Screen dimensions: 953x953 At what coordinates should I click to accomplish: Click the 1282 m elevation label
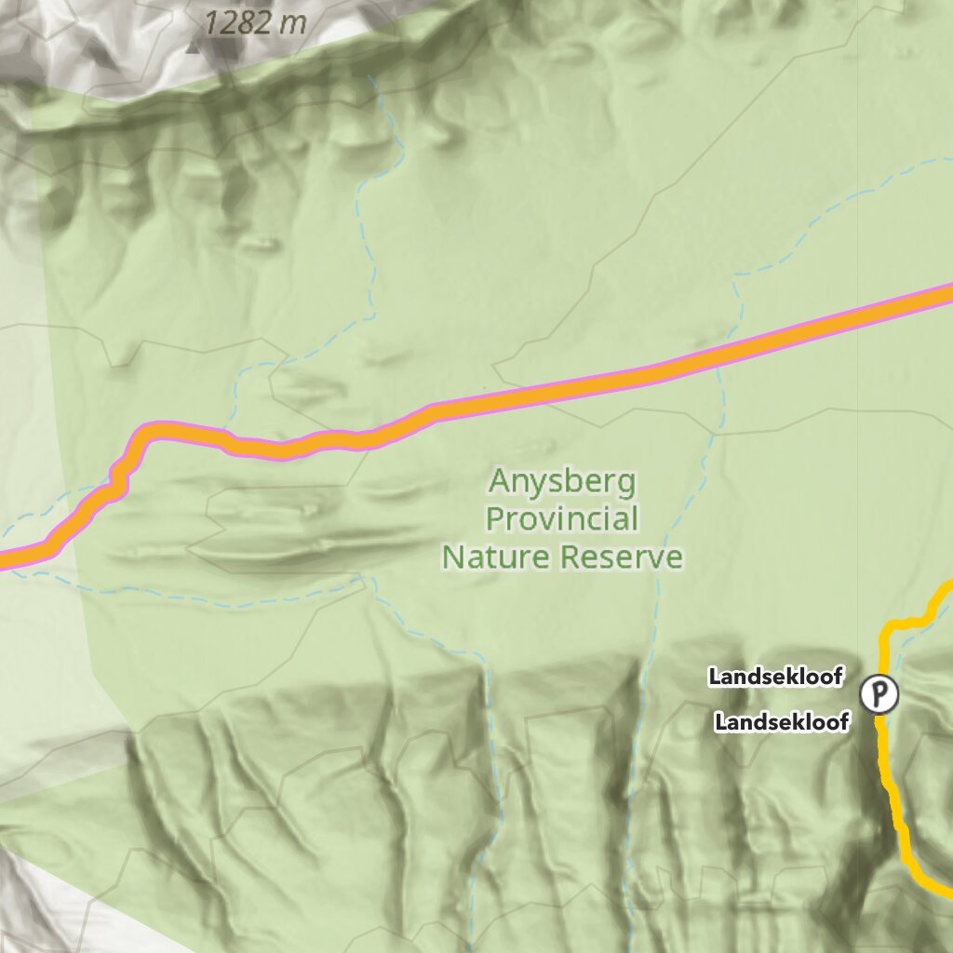(x=254, y=23)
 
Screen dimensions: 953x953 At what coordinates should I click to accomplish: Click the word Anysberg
(x=562, y=482)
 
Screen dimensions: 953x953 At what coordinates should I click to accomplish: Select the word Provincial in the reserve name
(x=562, y=518)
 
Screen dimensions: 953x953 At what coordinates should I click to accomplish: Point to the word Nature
(x=498, y=557)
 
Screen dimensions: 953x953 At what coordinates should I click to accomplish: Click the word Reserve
(x=623, y=557)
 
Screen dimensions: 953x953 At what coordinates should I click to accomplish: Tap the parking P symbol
(x=879, y=694)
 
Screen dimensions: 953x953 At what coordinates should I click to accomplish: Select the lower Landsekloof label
(x=782, y=721)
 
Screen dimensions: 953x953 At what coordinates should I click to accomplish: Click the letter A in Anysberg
(x=499, y=482)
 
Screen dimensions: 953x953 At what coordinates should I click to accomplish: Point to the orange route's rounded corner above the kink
(x=149, y=431)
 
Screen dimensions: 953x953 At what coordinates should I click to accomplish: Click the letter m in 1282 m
(x=293, y=24)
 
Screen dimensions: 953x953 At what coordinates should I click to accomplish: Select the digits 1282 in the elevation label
(x=237, y=23)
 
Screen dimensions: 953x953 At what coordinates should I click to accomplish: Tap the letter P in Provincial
(x=494, y=518)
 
